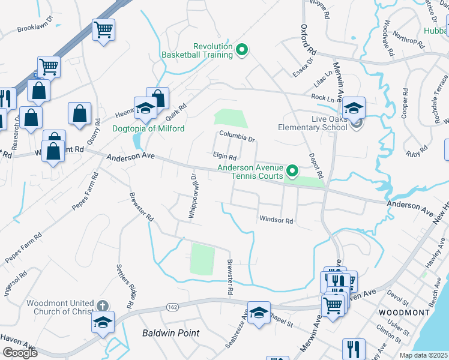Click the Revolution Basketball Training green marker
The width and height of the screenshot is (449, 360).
242,50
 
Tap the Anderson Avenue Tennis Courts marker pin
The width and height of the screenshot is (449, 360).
292,172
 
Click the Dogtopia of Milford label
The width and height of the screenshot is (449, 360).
148,128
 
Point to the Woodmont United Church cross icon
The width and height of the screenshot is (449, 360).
103,307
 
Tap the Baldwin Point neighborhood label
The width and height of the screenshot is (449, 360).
170,332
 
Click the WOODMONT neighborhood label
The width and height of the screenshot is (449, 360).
404,313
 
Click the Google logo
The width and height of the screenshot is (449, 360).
20,352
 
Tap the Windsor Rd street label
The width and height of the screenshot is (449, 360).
276,221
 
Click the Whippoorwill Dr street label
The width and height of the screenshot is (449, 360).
193,196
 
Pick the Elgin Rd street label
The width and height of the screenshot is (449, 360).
224,156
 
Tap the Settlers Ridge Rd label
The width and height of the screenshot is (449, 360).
127,282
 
